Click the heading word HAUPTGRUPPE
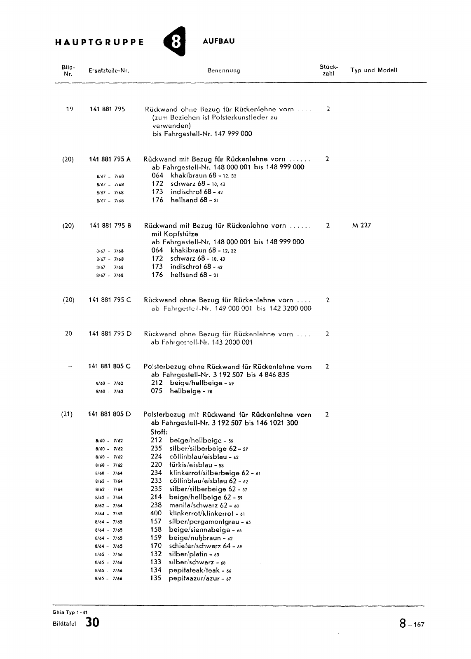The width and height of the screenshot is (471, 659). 99,42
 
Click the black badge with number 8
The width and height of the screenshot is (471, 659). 175,42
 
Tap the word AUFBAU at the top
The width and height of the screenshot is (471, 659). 219,41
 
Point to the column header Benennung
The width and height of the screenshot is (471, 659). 223,70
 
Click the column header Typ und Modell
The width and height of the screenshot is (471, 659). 373,70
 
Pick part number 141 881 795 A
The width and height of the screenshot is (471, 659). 110,159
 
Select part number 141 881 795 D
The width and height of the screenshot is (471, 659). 110,334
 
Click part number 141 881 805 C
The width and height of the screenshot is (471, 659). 110,367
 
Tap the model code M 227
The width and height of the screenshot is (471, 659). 361,226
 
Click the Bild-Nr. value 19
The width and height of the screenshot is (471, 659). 69,109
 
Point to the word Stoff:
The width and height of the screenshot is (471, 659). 159,432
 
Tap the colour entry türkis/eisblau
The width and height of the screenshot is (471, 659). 191,465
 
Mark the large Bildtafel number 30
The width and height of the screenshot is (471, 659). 92,622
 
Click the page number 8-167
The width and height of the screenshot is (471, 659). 411,624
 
